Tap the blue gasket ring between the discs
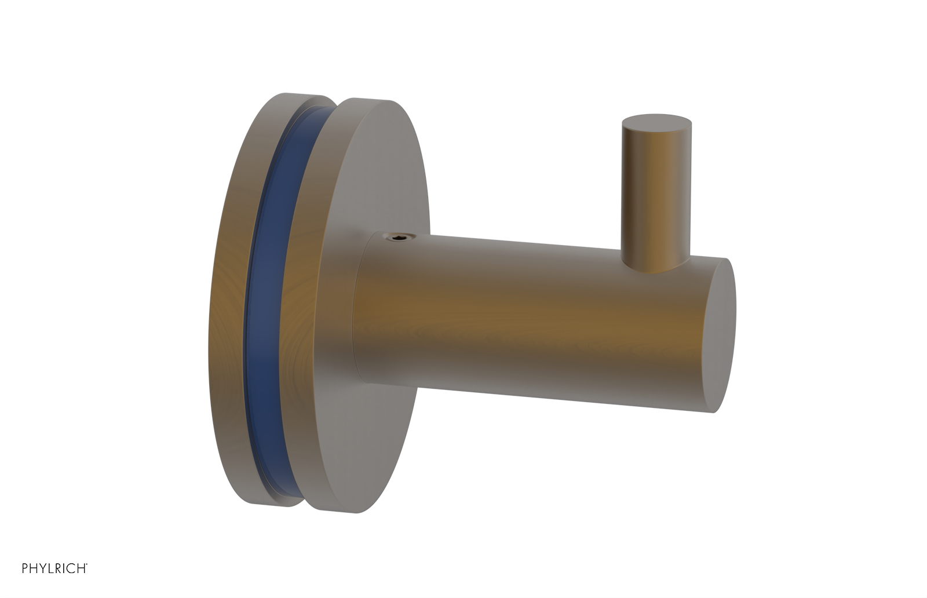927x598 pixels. [264, 301]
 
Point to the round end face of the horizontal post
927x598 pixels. [721, 336]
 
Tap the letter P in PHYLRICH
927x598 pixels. [25, 568]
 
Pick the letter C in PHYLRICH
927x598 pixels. [72, 568]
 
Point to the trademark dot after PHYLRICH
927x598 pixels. [87, 565]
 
